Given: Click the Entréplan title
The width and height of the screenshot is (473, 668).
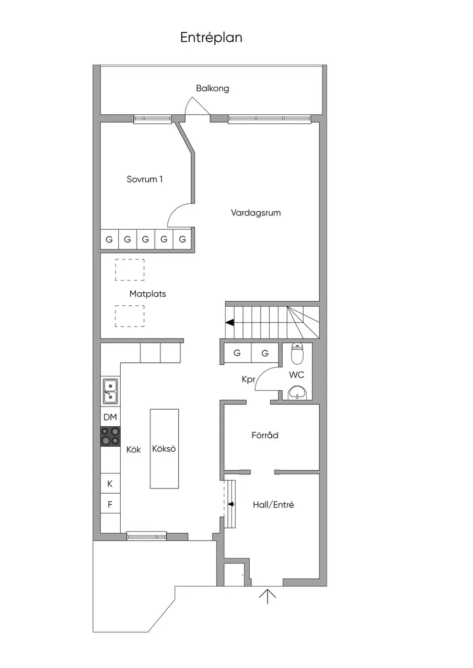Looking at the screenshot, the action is (x=211, y=38).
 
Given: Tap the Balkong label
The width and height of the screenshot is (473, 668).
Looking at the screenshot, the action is (x=213, y=88).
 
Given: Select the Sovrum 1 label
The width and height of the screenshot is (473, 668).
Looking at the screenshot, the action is (x=145, y=179).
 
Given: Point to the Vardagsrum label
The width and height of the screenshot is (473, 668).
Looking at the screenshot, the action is (x=256, y=213).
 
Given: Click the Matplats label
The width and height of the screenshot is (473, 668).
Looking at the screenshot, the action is (x=147, y=294).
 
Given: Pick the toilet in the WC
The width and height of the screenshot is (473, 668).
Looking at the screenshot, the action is (x=297, y=354).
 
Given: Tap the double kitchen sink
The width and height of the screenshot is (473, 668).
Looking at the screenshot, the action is (x=110, y=391).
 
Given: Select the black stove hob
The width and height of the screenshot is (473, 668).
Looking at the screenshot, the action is (x=110, y=436).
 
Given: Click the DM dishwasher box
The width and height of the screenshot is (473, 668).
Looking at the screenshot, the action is (x=110, y=417).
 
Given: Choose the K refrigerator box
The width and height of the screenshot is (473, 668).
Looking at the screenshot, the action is (x=110, y=483).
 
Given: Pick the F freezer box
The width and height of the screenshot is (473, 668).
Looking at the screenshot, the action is (x=110, y=504).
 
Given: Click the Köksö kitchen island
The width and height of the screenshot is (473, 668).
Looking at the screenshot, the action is (x=164, y=449).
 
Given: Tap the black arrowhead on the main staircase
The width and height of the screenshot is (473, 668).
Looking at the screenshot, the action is (x=229, y=323).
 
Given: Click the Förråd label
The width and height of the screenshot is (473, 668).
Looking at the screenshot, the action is (x=265, y=435).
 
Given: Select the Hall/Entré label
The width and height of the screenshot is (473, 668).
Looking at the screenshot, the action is (x=273, y=505).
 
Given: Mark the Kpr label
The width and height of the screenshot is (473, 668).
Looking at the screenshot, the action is (x=248, y=379).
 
